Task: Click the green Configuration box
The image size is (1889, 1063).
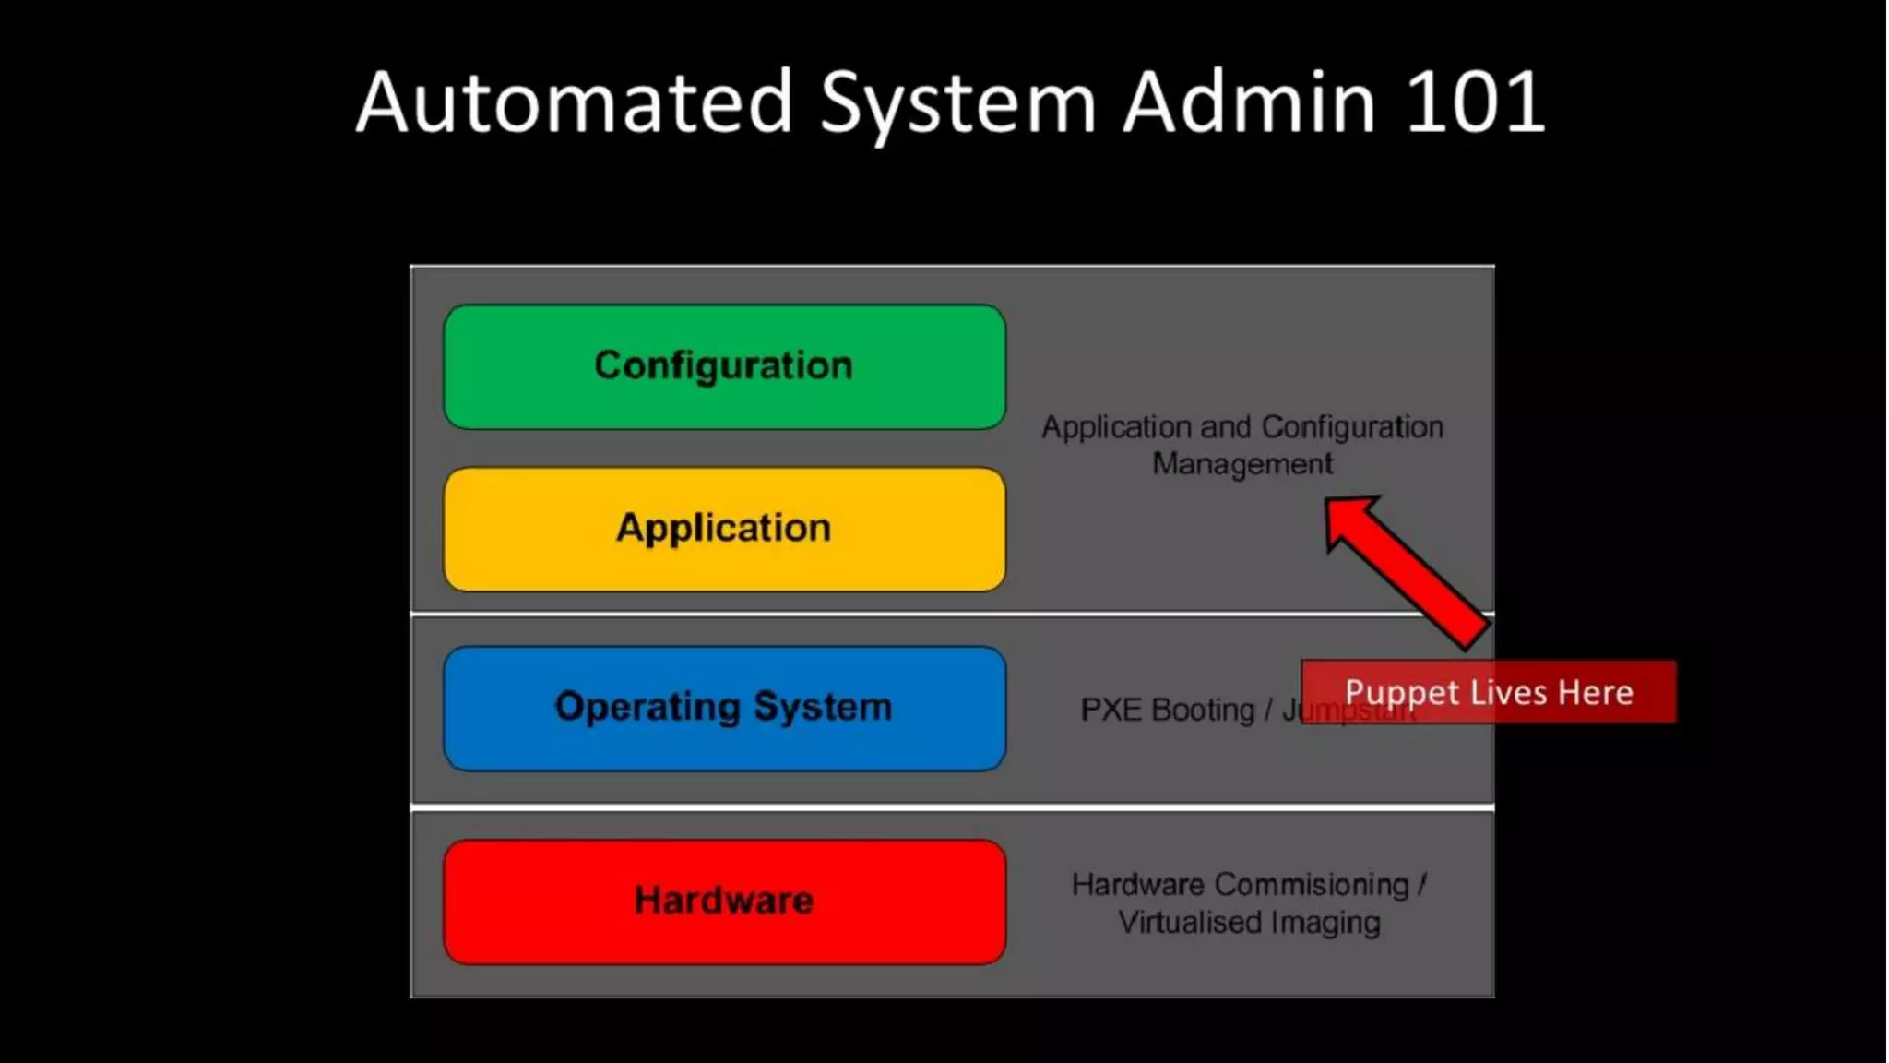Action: [x=724, y=366]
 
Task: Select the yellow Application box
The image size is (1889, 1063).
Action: [x=724, y=529]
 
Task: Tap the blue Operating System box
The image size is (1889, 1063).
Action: [x=724, y=708]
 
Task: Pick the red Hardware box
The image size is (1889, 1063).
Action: [x=724, y=901]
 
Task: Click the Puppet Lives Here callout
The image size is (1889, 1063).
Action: [x=1488, y=692]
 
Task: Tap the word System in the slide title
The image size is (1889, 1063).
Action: [x=957, y=103]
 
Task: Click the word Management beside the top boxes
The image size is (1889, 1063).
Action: [x=1242, y=463]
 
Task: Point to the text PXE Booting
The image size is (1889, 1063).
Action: [x=1167, y=710]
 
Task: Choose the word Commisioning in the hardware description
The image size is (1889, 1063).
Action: [x=1312, y=884]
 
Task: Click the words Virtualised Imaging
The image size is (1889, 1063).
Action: [x=1249, y=922]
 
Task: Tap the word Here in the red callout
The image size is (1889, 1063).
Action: [x=1596, y=692]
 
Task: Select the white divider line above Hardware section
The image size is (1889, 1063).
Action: [x=952, y=807]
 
